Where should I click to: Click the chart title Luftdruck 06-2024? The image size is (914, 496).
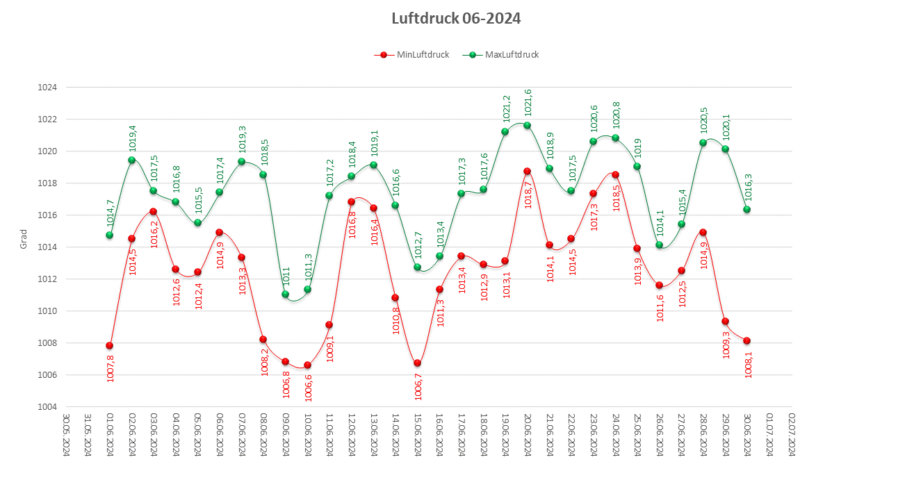click(456, 19)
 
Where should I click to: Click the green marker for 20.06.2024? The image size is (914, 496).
click(528, 126)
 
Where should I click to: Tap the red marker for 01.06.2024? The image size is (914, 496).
click(109, 346)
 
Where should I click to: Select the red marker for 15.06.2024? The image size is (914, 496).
click(418, 363)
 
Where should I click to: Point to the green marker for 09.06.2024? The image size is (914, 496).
click(286, 295)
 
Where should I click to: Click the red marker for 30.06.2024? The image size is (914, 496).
click(747, 341)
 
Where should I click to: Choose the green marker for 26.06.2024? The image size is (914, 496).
click(660, 245)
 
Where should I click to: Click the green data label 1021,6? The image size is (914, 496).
click(528, 102)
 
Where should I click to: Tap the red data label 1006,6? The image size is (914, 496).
click(308, 388)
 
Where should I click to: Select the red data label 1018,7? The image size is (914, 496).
click(528, 194)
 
